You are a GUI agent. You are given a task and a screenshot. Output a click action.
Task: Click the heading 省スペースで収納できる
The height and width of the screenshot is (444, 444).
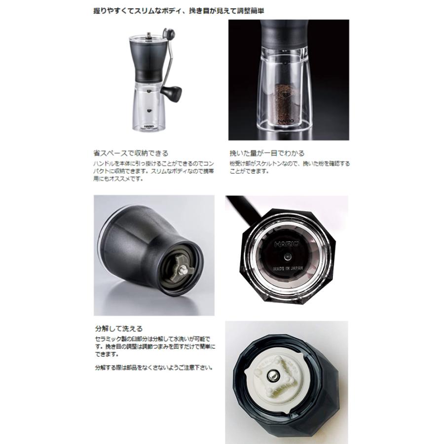tap(131, 153)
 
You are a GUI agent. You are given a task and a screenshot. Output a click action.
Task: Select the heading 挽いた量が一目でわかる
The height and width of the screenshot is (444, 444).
tap(267, 153)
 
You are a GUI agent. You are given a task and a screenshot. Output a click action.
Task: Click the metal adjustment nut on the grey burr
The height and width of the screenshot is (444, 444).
tap(183, 269)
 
